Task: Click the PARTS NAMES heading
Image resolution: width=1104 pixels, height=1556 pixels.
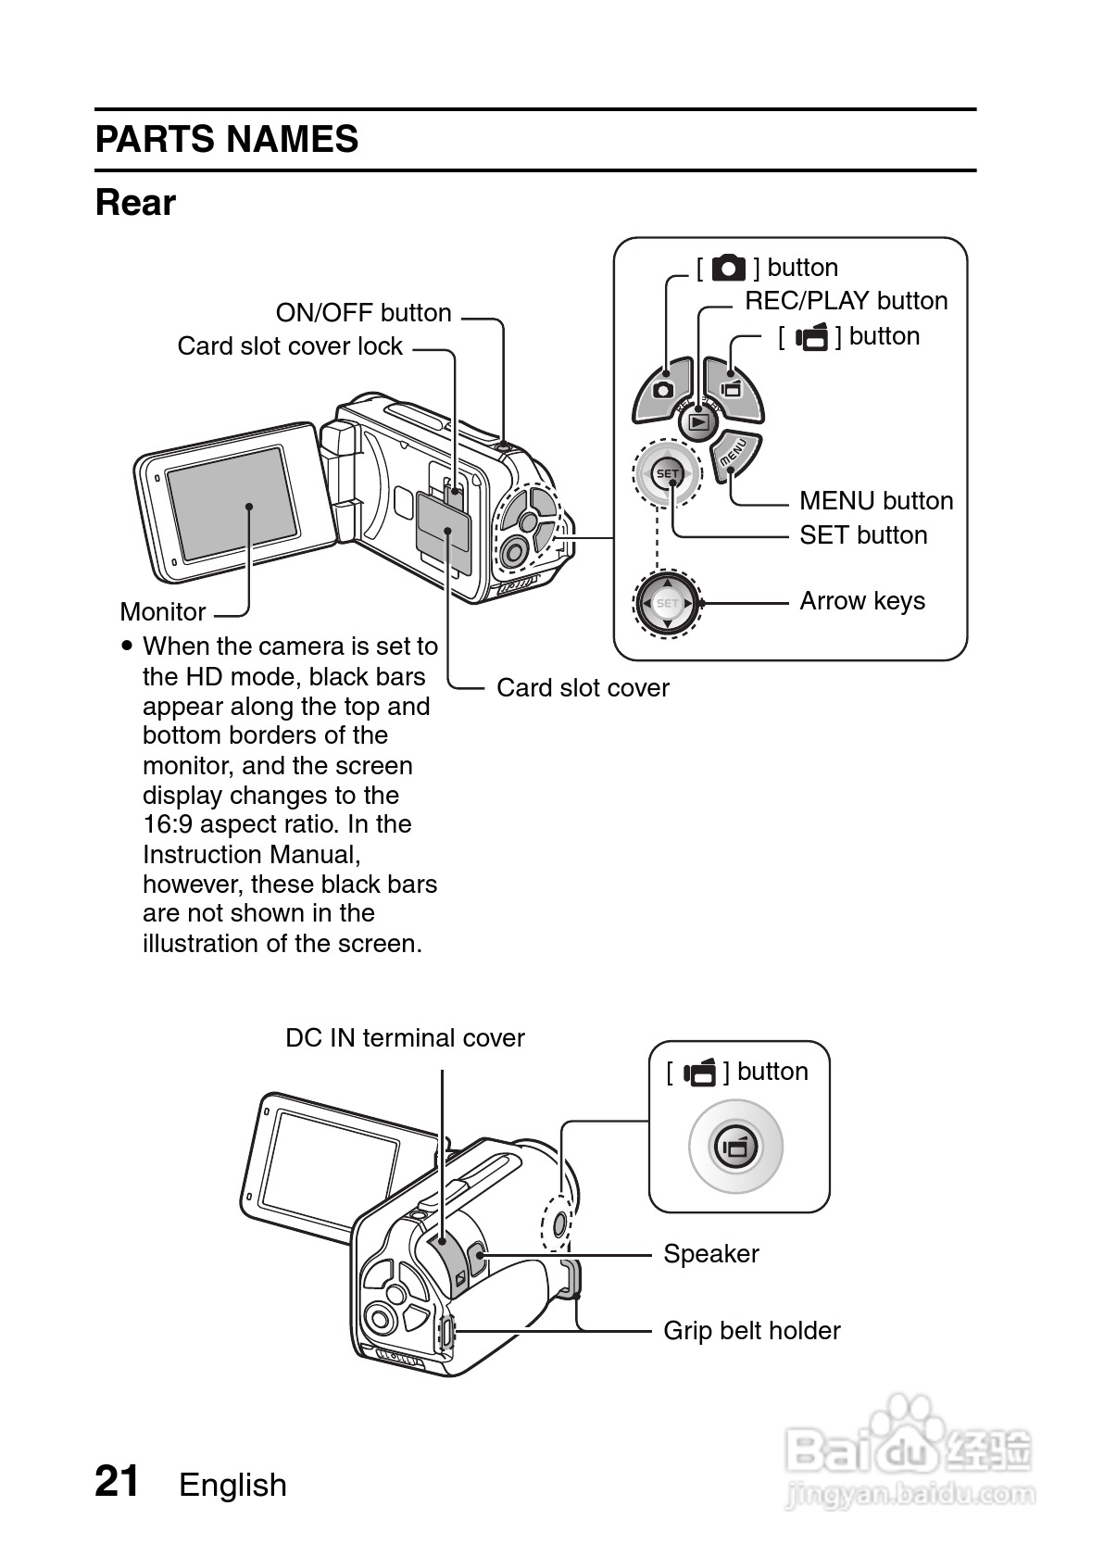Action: (x=226, y=140)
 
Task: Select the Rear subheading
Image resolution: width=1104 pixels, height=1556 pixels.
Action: (x=135, y=203)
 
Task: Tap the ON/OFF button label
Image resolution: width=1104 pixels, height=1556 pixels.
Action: (x=363, y=313)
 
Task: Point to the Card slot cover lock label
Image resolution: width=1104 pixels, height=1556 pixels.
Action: (x=290, y=346)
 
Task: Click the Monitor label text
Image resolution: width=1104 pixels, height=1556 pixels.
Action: (x=163, y=612)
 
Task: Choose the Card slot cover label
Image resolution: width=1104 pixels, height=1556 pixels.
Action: (x=583, y=688)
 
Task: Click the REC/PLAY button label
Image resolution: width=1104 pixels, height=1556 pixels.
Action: (x=846, y=301)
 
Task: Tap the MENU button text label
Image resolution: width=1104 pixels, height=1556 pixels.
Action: (x=875, y=501)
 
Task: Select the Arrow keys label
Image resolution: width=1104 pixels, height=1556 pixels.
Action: (x=861, y=601)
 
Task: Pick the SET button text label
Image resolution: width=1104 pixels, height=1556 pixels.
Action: (x=863, y=535)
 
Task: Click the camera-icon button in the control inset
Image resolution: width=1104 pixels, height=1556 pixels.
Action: (x=663, y=388)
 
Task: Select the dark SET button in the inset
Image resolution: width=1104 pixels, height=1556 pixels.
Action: (x=667, y=474)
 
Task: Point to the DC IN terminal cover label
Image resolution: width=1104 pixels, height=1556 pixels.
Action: (x=405, y=1038)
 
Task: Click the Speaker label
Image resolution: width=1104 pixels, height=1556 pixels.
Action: (x=710, y=1254)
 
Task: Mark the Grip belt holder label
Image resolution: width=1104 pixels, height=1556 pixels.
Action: (x=751, y=1331)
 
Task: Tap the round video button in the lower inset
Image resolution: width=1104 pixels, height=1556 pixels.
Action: (x=735, y=1148)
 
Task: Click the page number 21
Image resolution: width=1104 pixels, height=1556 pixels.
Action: (x=118, y=1482)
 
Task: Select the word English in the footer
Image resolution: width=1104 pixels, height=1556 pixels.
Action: (x=232, y=1486)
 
